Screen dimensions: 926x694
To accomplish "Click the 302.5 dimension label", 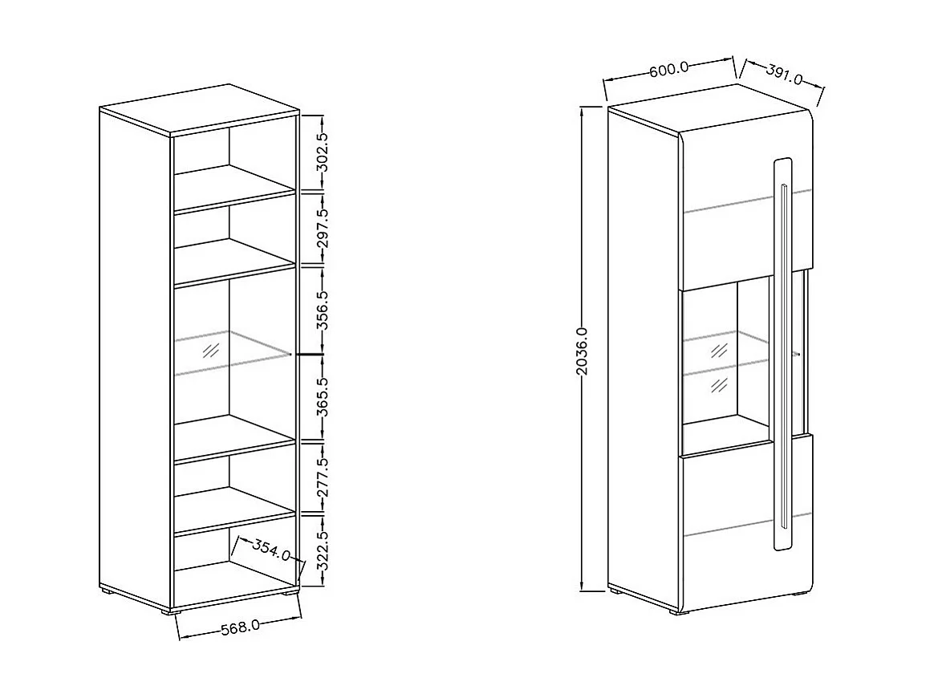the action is tap(323, 153).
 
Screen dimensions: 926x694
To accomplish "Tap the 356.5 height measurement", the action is tap(323, 310).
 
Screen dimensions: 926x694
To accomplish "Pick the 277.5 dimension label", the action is tap(323, 477).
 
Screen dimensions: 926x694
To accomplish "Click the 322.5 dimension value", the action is tap(323, 550).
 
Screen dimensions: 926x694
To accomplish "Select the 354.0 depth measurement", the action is tap(271, 551).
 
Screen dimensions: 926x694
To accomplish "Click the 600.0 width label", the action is tap(669, 69).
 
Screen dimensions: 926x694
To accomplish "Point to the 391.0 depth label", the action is tap(784, 76).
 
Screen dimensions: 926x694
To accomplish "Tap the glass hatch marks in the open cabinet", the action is tap(211, 350).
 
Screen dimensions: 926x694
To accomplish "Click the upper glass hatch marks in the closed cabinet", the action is tap(719, 350).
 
